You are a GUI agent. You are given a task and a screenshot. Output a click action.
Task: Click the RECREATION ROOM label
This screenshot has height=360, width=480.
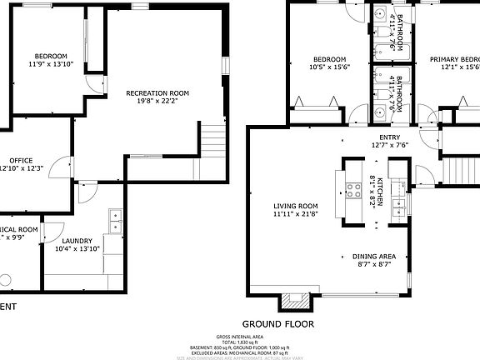tap(157, 92)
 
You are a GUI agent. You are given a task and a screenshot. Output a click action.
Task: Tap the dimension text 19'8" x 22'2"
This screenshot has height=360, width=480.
tap(157, 102)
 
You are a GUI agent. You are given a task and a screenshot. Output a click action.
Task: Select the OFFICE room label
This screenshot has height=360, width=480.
tap(21, 160)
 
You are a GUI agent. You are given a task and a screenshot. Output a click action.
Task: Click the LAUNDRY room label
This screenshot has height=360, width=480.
tap(77, 240)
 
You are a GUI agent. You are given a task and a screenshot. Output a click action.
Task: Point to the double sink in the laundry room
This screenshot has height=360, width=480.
tap(115, 221)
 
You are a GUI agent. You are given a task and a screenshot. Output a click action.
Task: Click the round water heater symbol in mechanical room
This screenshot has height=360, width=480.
tap(6, 281)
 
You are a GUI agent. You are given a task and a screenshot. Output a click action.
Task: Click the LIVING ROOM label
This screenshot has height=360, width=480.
tap(297, 206)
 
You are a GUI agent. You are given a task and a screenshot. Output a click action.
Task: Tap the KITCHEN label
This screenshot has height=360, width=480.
tap(380, 192)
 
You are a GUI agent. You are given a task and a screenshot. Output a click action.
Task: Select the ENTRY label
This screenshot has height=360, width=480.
tap(389, 137)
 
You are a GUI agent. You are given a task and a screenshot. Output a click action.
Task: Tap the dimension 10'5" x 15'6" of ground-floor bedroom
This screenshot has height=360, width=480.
tap(329, 67)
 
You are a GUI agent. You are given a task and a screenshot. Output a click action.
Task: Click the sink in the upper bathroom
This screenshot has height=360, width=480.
tap(378, 15)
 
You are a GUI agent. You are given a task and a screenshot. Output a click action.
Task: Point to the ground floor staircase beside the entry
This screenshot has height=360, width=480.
tap(457, 171)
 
